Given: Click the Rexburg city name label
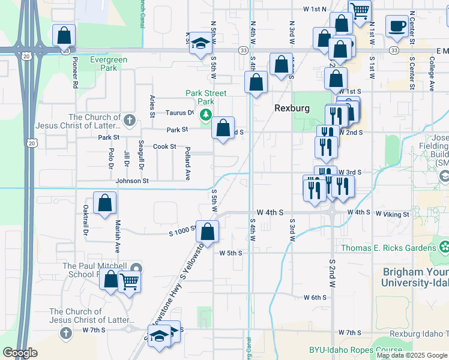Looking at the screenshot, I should point(292,108).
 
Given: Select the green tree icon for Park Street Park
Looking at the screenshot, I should point(206,114).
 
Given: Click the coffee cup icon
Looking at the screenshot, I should point(396,28).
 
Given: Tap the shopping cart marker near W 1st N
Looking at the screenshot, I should point(360,11).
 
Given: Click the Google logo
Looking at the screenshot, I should point(20,353).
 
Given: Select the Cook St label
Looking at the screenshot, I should point(164,146).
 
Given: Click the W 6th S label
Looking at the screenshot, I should point(315,297).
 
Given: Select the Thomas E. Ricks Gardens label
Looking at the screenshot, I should point(388,248).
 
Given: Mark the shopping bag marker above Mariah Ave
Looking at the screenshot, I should point(104,203).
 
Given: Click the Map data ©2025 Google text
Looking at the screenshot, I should point(411,355).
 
